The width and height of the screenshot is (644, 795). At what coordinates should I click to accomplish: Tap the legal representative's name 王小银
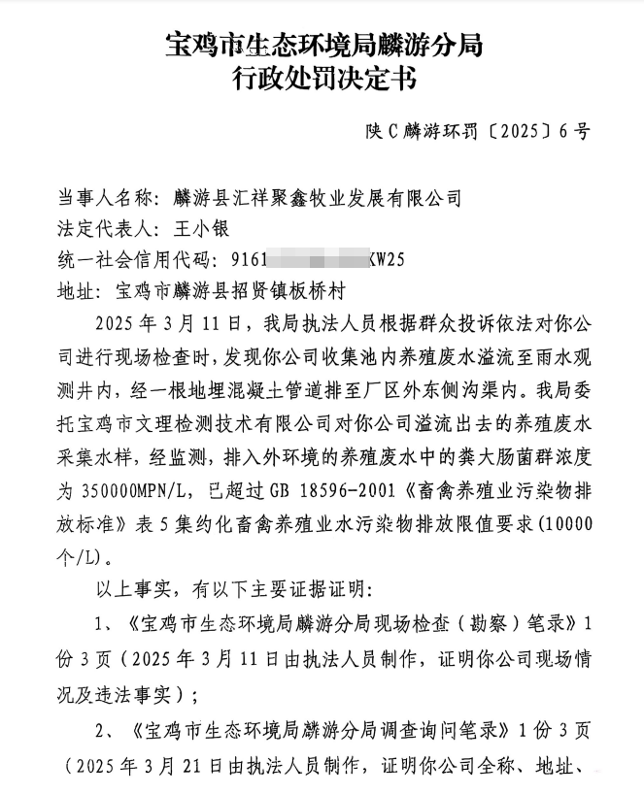(197, 229)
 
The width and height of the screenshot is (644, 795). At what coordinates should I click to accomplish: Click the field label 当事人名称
(105, 198)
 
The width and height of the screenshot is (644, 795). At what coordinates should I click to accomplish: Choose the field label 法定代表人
(105, 229)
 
